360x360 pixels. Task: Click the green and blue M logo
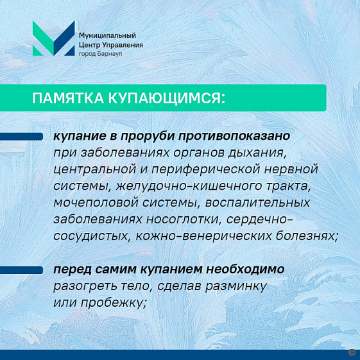[54, 39]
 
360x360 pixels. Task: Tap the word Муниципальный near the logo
[107, 35]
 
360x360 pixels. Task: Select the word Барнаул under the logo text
[110, 54]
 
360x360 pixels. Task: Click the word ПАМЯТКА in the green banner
[68, 98]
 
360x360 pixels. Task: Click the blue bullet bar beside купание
[21, 137]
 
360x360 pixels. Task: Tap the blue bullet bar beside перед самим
[21, 270]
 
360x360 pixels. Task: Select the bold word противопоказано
[234, 136]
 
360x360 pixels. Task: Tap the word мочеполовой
[96, 203]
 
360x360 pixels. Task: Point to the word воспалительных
[257, 203]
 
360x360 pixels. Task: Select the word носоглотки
[184, 219]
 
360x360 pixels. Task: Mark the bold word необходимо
[245, 269]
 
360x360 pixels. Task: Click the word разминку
[236, 287]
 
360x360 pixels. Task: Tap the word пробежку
[114, 303]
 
